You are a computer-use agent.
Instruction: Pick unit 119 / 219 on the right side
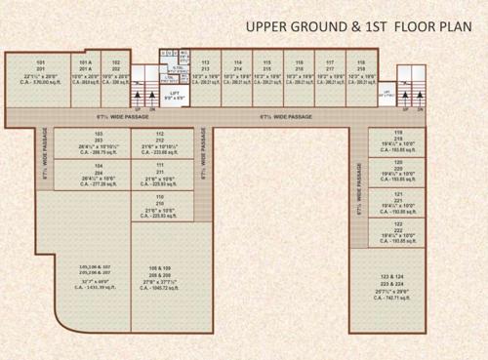398,142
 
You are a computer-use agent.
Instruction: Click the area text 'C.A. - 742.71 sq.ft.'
398,300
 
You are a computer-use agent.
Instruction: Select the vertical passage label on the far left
45,156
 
